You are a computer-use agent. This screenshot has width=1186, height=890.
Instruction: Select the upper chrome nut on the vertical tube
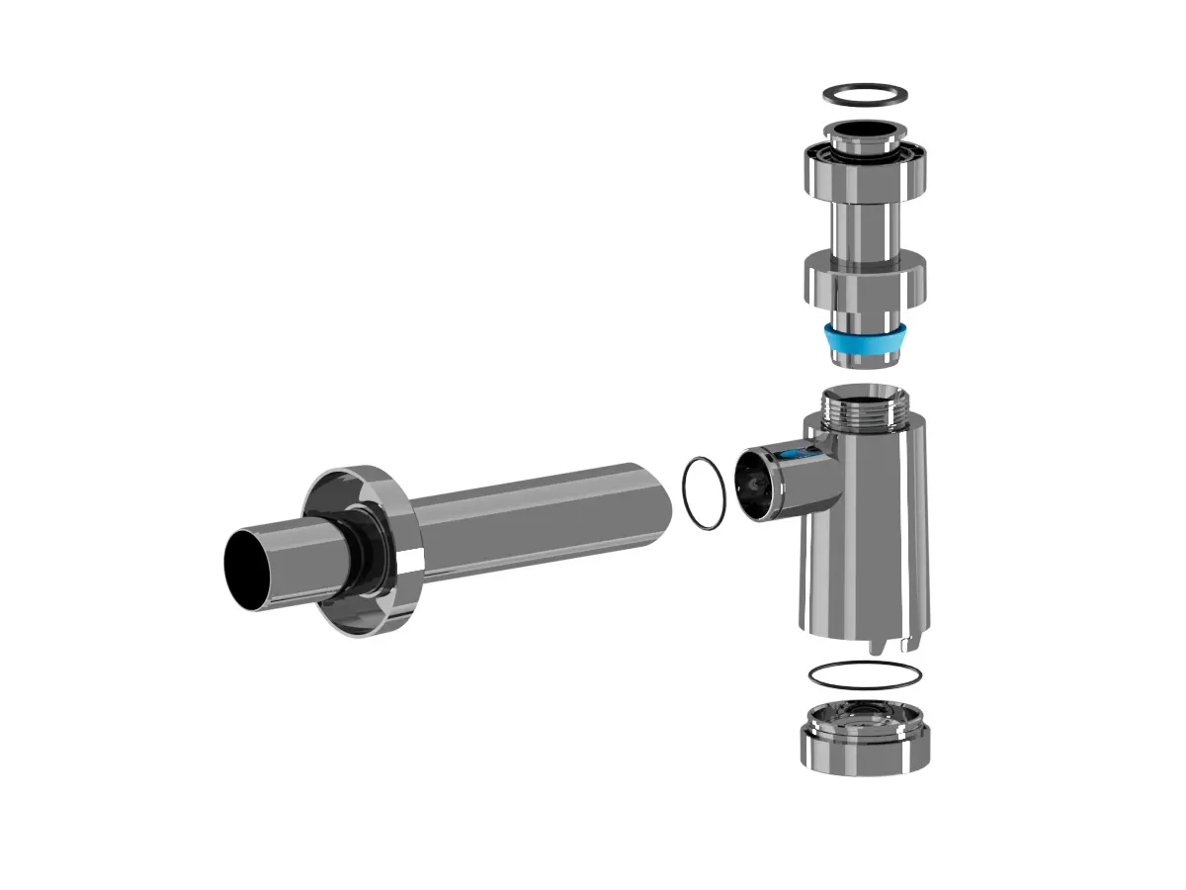click(x=865, y=171)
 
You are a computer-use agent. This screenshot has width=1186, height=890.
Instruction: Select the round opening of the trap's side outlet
click(x=758, y=484)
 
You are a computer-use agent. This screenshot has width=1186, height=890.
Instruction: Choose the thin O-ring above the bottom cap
click(x=865, y=675)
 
